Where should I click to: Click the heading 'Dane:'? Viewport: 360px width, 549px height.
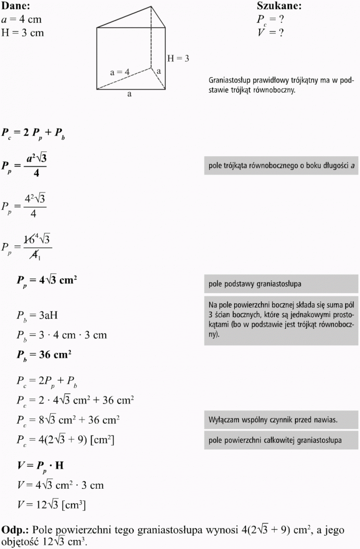pyautogui.click(x=15, y=6)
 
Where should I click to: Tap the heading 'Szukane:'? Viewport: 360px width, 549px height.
pyautogui.click(x=279, y=6)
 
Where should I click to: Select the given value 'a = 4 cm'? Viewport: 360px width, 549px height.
pyautogui.click(x=21, y=19)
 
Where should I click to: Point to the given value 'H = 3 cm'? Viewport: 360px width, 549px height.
pyautogui.click(x=22, y=33)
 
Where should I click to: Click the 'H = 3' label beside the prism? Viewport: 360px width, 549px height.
pyautogui.click(x=178, y=59)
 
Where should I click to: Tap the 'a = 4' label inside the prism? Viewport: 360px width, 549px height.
pyautogui.click(x=120, y=72)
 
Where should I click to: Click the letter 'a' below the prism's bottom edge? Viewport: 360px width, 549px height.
pyautogui.click(x=129, y=94)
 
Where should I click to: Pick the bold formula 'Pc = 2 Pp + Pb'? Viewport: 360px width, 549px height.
pyautogui.click(x=33, y=133)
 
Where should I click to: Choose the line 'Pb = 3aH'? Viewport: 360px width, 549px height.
pyautogui.click(x=36, y=316)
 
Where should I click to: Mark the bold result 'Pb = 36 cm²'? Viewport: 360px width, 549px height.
pyautogui.click(x=44, y=354)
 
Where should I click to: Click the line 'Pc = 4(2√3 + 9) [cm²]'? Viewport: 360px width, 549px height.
pyautogui.click(x=65, y=440)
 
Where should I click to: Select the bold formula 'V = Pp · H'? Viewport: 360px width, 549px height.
pyautogui.click(x=41, y=465)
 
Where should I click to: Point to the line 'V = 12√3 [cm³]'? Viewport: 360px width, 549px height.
pyautogui.click(x=51, y=504)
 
